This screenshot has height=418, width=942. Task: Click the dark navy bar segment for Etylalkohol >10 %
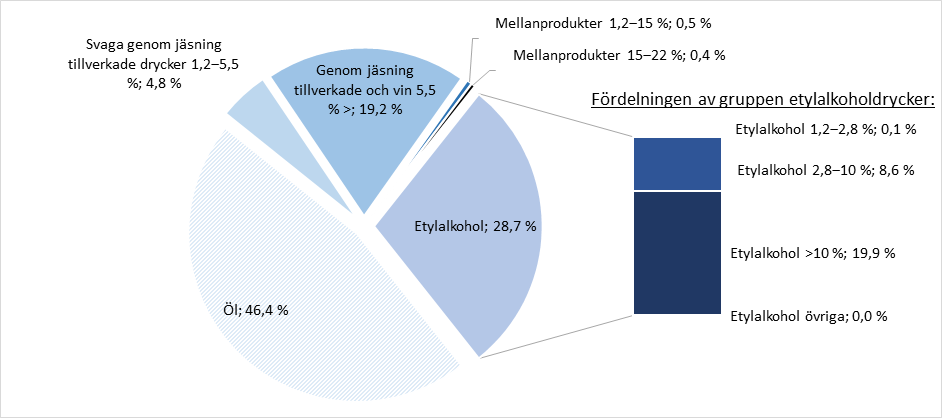[678, 252]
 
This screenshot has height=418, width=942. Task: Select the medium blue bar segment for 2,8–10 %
[678, 163]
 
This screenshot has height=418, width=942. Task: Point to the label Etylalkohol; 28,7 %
[475, 227]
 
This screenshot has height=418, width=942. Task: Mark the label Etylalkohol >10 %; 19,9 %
[813, 252]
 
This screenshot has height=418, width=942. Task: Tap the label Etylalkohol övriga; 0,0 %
[810, 316]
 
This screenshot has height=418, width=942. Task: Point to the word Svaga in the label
[102, 45]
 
